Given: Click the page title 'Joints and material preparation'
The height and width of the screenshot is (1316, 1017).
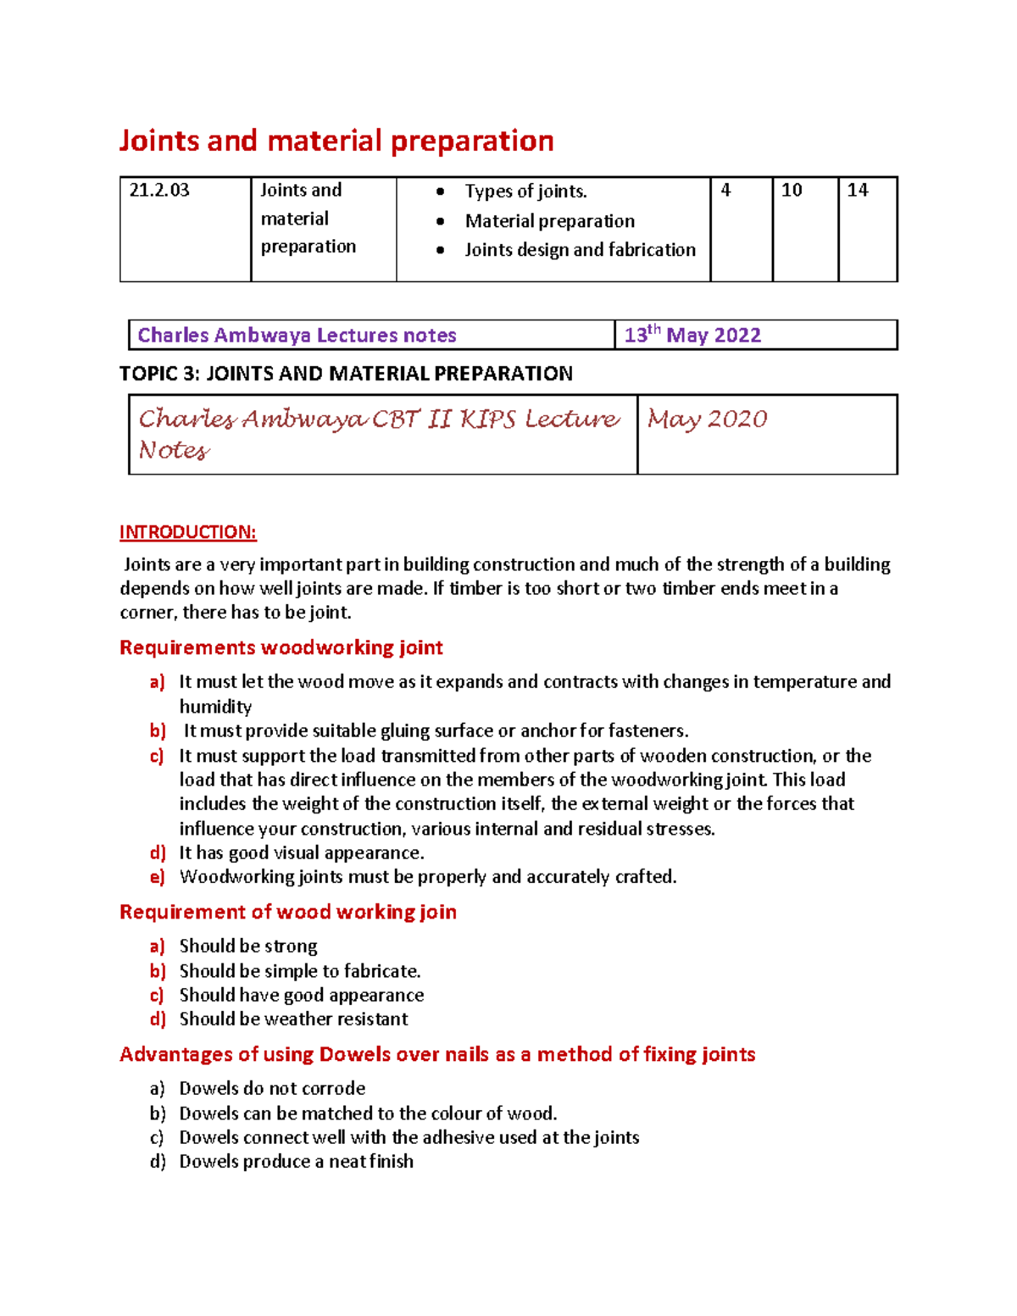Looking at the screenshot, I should point(336,141).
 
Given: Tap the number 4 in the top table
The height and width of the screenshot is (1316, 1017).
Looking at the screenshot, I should point(725,191).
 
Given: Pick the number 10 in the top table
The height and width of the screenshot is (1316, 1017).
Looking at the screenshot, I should point(792,191).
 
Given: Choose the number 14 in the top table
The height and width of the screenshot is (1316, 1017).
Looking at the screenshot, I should point(858,191).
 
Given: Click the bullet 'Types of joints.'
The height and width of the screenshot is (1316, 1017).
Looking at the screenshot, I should point(525,192).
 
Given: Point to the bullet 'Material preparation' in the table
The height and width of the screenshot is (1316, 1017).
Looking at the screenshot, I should point(549,221).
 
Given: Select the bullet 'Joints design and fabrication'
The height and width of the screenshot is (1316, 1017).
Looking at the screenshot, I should point(580,250).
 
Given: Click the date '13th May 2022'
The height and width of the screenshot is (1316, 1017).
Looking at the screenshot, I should point(692,336).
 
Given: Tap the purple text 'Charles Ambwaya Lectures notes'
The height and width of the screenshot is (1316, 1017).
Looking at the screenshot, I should point(297,336).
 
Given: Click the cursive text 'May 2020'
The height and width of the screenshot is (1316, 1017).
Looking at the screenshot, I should point(707,419).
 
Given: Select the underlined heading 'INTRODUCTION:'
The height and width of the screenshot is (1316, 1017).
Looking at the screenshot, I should point(187,532).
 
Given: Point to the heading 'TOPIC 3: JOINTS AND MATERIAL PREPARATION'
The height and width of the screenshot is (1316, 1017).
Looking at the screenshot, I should point(346,374).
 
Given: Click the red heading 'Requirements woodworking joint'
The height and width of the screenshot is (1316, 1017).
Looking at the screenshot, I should point(281,648).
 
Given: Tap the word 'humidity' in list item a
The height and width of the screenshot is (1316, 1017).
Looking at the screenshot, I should point(215,707).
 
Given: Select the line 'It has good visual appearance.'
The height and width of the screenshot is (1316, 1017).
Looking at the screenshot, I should point(301,852).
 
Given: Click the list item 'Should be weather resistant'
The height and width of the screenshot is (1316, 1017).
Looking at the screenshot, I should point(293,1019).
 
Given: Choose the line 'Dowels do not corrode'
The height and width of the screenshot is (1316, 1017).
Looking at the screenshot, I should point(272,1088).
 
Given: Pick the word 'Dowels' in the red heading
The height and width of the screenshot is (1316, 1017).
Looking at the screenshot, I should point(350,1054).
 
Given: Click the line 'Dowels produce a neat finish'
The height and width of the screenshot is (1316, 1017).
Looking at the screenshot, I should point(296,1161).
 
